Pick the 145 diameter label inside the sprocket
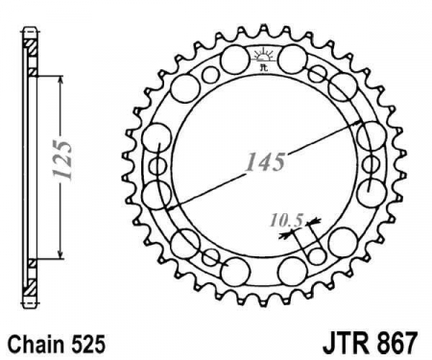264,161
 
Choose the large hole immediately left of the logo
231,64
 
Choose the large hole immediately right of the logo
293,64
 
